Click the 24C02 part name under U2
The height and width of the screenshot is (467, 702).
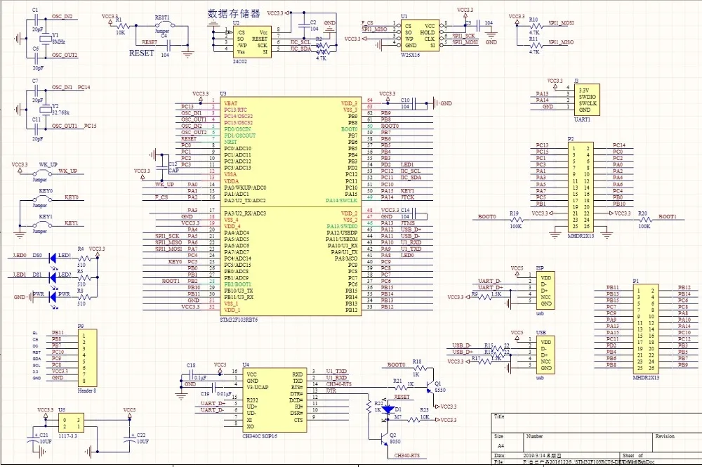[x=241, y=60]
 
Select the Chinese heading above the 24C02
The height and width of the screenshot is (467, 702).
[x=234, y=13]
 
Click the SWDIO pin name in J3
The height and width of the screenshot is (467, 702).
[x=588, y=97]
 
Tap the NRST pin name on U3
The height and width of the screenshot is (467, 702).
[x=231, y=142]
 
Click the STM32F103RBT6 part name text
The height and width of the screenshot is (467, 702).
[x=239, y=319]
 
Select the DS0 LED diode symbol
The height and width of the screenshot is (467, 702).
[x=53, y=258]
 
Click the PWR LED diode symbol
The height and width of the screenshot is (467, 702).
[x=53, y=297]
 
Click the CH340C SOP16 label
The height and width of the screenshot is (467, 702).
[x=260, y=436]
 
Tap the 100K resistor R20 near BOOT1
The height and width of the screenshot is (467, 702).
[x=644, y=218]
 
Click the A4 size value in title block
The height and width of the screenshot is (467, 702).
[x=501, y=445]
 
